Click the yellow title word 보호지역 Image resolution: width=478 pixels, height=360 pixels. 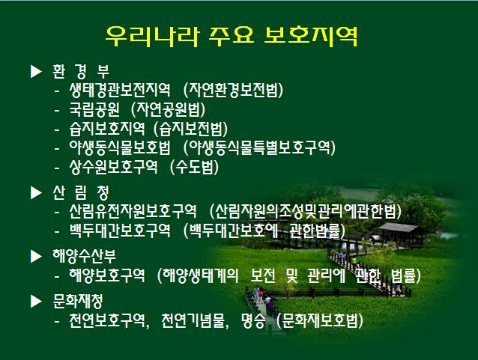tap(311, 37)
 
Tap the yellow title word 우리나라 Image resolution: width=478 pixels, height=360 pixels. tap(152, 37)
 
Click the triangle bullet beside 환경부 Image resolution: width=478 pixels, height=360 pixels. tap(36, 71)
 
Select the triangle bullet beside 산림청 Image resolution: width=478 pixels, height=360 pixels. tap(36, 192)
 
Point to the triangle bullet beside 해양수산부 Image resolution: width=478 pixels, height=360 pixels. tap(36, 256)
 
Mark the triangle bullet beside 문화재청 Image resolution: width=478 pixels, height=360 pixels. tap(36, 301)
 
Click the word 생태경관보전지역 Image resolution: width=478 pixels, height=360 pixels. tap(120, 90)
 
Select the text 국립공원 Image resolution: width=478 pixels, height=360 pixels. tap(94, 109)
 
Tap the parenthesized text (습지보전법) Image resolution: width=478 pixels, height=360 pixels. tap(190, 129)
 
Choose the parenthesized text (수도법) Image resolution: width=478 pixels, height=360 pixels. tap(194, 167)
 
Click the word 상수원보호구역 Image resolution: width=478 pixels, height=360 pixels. tap(113, 167)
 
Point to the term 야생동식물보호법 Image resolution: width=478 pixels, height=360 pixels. tap(120, 147)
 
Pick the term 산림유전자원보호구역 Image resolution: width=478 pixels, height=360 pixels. tap(133, 211)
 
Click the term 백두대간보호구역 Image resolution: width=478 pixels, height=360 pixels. tap(120, 231)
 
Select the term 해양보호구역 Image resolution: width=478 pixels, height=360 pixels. tap(107, 275)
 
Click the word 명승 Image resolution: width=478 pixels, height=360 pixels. tap(252, 320)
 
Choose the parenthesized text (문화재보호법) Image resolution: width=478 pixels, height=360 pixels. tap(320, 320)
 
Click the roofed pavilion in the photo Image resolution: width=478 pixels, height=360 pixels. tap(399, 234)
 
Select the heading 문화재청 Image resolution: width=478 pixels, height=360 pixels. tap(78, 301)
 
